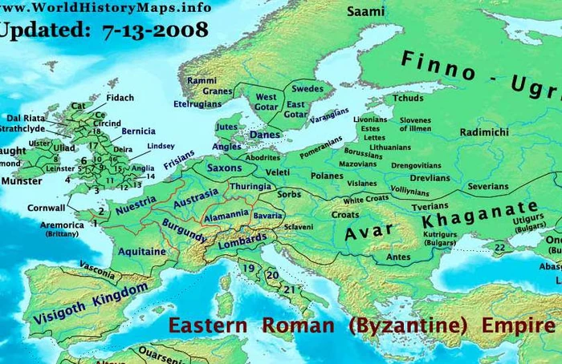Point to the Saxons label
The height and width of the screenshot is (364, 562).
click(x=224, y=169)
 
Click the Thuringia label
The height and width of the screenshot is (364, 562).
click(x=251, y=187)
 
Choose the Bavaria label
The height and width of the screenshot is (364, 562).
click(x=267, y=216)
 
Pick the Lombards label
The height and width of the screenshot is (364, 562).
click(x=242, y=239)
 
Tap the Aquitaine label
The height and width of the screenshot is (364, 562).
click(x=143, y=252)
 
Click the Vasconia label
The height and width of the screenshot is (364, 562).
click(x=96, y=272)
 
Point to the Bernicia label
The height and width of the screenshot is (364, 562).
click(x=138, y=131)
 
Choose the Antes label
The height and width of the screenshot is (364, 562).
click(x=398, y=257)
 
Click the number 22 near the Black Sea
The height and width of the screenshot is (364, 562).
click(x=499, y=248)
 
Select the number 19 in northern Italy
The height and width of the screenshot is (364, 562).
click(x=250, y=269)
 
